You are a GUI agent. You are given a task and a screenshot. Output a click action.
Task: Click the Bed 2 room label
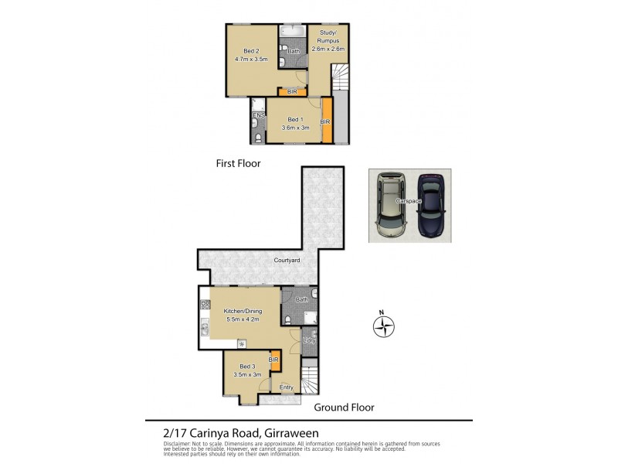251,51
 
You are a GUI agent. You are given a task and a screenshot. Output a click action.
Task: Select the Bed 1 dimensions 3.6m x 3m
294,127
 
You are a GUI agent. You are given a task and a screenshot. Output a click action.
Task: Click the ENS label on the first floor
258,116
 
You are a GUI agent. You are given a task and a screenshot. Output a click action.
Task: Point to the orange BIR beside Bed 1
326,121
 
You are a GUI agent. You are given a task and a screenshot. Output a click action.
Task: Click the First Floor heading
239,164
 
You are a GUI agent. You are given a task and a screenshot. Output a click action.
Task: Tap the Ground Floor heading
344,408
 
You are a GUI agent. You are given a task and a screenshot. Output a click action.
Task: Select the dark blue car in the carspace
430,206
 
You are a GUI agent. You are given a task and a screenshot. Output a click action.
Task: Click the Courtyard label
287,261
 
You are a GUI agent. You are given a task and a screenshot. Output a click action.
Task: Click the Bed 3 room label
246,366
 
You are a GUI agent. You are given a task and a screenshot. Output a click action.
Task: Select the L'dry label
309,340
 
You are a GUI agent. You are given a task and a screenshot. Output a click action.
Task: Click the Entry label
287,387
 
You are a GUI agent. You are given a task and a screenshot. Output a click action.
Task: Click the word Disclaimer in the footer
180,443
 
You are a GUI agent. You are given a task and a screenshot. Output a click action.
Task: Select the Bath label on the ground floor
301,299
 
